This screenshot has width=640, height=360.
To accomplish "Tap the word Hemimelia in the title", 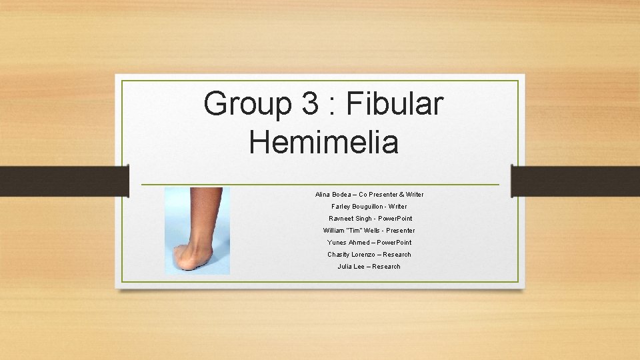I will coord(324,141).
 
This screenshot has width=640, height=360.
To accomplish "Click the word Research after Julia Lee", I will coord(387,267).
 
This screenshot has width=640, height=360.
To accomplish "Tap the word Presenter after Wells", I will coord(399,231).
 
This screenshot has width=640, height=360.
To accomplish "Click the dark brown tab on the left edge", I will coord(64,181).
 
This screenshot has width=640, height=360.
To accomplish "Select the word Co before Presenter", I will coord(365,195).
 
